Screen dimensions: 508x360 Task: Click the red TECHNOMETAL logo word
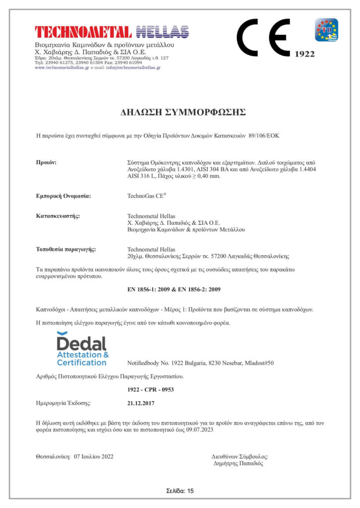tap(83, 32)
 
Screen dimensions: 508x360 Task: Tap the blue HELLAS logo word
tap(162, 32)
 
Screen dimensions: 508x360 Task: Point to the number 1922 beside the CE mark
tap(304, 54)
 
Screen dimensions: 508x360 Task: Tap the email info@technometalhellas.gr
tap(133, 67)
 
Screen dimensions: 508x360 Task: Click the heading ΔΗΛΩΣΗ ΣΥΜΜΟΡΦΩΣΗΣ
tap(183, 112)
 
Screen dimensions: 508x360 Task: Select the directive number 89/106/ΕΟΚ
tap(268, 135)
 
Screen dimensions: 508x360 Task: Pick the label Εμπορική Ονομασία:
tap(64, 196)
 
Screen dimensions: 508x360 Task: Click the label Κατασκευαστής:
tap(58, 216)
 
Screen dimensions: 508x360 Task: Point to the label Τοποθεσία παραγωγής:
tap(66, 249)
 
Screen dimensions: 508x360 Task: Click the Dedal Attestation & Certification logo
tap(82, 348)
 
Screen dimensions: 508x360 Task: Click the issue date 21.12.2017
tap(141, 403)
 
